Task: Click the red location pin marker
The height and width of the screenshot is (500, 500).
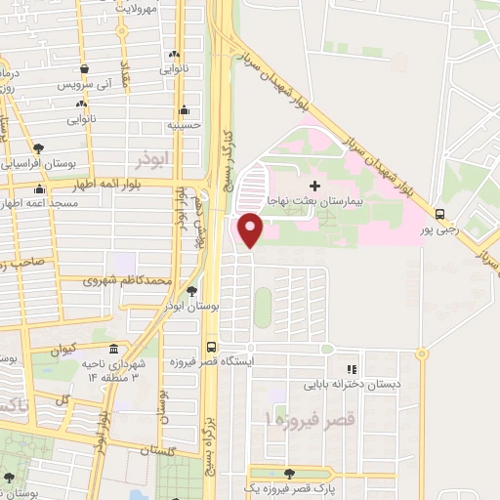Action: (250, 229)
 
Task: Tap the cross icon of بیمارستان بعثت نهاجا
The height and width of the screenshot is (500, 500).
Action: (313, 186)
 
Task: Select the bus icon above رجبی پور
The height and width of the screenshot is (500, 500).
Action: (440, 215)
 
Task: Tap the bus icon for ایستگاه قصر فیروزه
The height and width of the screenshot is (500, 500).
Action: (211, 347)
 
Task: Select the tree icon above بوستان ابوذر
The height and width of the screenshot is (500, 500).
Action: (192, 291)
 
